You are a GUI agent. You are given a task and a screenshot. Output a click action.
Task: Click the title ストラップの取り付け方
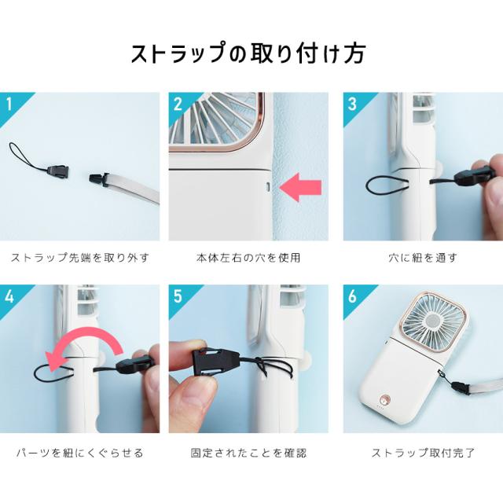point(248,53)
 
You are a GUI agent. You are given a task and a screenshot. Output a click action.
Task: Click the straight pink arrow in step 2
point(300,187)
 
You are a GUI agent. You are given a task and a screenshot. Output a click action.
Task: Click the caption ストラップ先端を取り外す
point(80,258)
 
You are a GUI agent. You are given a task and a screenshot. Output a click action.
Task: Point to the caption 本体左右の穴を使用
point(248,258)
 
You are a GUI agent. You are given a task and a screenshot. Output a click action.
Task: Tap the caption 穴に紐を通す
point(423,258)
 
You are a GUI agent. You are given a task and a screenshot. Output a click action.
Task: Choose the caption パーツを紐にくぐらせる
point(80,453)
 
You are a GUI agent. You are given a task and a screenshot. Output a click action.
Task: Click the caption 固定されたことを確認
point(248,453)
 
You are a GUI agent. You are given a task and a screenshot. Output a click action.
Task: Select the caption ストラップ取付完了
point(423,453)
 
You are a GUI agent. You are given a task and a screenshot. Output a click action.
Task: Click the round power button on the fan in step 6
point(384,400)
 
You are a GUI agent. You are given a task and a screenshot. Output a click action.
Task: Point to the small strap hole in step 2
point(268,187)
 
